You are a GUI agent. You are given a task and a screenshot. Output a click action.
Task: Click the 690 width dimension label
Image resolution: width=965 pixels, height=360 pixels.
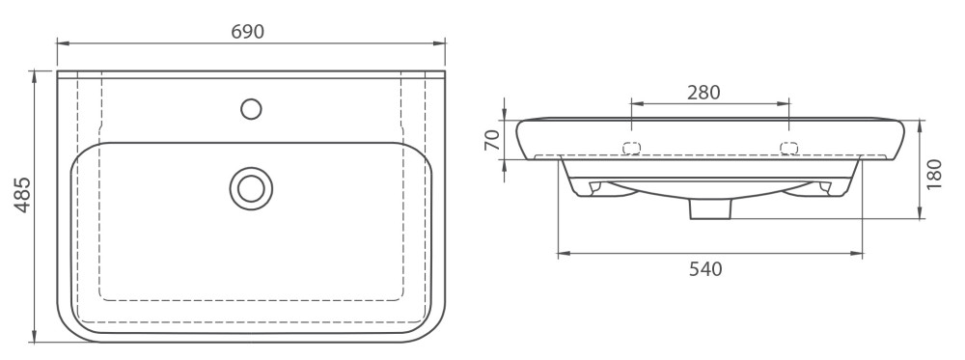tap(248, 32)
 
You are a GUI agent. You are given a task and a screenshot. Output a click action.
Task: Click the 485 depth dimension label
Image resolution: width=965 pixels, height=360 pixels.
tap(23, 195)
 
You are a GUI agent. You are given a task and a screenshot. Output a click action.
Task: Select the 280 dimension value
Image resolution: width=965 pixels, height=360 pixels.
tap(703, 93)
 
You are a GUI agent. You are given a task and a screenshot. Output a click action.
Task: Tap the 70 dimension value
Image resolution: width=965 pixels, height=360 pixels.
tap(492, 140)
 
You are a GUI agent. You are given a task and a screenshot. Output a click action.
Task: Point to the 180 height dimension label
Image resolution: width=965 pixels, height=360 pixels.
tap(934, 174)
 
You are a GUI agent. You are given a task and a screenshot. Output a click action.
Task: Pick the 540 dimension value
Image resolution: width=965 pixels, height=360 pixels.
tap(705, 269)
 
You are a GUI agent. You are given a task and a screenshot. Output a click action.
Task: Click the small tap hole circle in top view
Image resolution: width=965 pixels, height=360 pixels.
tap(251, 109)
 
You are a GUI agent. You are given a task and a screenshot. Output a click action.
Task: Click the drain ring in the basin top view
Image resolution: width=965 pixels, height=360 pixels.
tap(251, 188)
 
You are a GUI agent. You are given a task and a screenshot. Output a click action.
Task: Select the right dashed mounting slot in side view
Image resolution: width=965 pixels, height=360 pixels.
tap(789, 148)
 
